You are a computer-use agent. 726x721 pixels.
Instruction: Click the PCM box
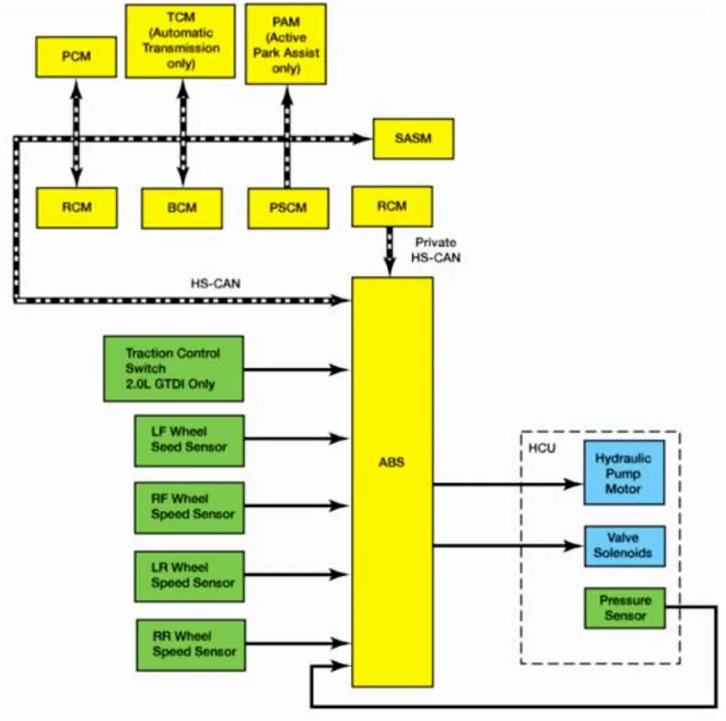76,57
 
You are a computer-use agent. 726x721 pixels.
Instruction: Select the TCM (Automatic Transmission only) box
181,41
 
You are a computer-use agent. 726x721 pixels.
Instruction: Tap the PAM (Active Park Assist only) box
286,43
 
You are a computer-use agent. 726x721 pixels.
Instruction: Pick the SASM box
413,139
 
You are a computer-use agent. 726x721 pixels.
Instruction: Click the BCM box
182,208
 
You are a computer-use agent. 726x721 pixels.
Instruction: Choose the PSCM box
288,208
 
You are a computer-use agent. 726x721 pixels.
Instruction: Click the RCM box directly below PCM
76,208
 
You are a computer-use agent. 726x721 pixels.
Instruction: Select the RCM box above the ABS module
391,206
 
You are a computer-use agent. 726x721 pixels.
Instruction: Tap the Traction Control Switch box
173,369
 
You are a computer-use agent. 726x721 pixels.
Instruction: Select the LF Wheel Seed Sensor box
188,438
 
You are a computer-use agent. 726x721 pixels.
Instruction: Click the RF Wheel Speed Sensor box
188,506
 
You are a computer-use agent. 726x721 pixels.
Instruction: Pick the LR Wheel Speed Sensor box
188,574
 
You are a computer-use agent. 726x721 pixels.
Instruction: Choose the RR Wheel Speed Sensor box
189,643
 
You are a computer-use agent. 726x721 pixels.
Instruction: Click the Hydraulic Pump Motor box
623,473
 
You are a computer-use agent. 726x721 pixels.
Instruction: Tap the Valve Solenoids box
623,546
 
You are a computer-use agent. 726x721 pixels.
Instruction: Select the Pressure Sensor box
624,608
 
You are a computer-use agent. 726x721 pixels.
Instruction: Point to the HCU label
538,446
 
